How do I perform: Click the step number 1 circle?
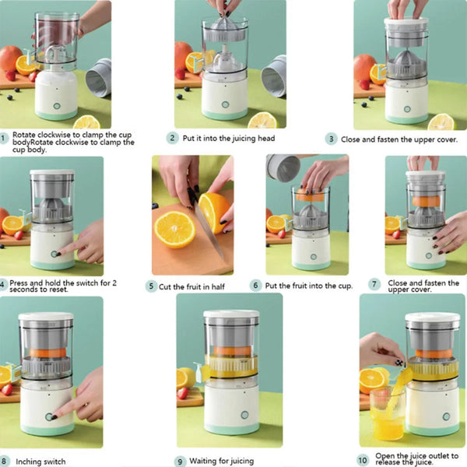click(4, 139)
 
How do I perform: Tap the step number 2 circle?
click(172, 139)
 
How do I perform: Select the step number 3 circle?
click(332, 139)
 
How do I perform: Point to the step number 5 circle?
click(153, 286)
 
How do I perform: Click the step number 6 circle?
click(255, 286)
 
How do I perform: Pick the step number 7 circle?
click(374, 285)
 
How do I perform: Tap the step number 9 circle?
click(180, 462)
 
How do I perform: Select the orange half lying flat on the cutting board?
click(174, 229)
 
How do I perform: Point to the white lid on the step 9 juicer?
click(231, 318)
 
